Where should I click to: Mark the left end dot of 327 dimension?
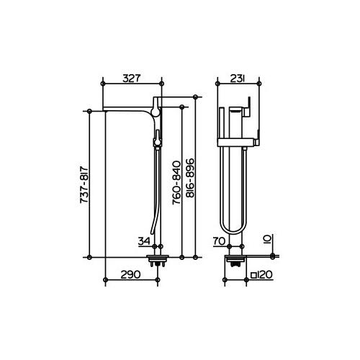[x=105, y=84]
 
